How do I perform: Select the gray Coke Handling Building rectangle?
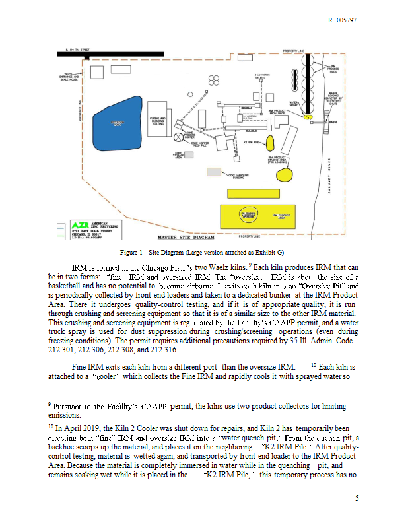213,172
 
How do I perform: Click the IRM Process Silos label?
334,70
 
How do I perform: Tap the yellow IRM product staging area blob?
284,175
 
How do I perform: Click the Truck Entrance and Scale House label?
67,77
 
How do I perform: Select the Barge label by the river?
333,122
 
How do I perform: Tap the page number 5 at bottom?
357,498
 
